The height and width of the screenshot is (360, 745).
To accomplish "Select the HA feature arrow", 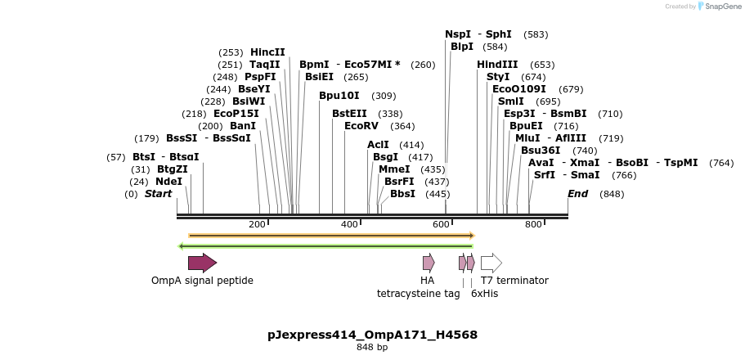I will (x=429, y=263).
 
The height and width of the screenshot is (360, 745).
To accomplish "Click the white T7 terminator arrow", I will (x=491, y=263).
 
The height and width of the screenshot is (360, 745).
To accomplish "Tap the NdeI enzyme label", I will (x=169, y=182).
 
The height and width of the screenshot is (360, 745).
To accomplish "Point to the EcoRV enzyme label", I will (x=361, y=126).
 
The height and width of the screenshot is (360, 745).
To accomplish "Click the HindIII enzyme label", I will (x=497, y=65).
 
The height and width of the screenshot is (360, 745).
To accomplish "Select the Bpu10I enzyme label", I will (x=339, y=96).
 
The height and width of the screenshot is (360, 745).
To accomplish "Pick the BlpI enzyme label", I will (x=462, y=47).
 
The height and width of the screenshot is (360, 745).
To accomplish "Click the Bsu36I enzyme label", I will (x=541, y=151).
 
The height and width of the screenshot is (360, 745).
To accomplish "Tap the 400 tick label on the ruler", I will (x=349, y=224).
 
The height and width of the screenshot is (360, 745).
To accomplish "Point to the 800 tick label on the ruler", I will (x=533, y=224).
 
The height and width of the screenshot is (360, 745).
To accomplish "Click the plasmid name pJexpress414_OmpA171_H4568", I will (x=372, y=335).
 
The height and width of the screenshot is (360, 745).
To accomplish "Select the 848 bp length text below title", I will (x=372, y=348).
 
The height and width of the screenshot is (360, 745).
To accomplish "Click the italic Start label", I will (x=159, y=194).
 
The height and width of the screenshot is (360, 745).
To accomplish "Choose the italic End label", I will (x=578, y=194).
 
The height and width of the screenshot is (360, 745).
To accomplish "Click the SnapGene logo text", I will (x=717, y=7).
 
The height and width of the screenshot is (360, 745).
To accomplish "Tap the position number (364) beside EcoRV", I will (x=402, y=126).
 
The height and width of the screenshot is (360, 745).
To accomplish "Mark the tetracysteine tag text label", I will (x=418, y=293).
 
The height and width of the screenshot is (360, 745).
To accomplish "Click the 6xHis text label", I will (x=485, y=293).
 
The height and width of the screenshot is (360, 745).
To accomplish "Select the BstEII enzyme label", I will (x=349, y=114).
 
